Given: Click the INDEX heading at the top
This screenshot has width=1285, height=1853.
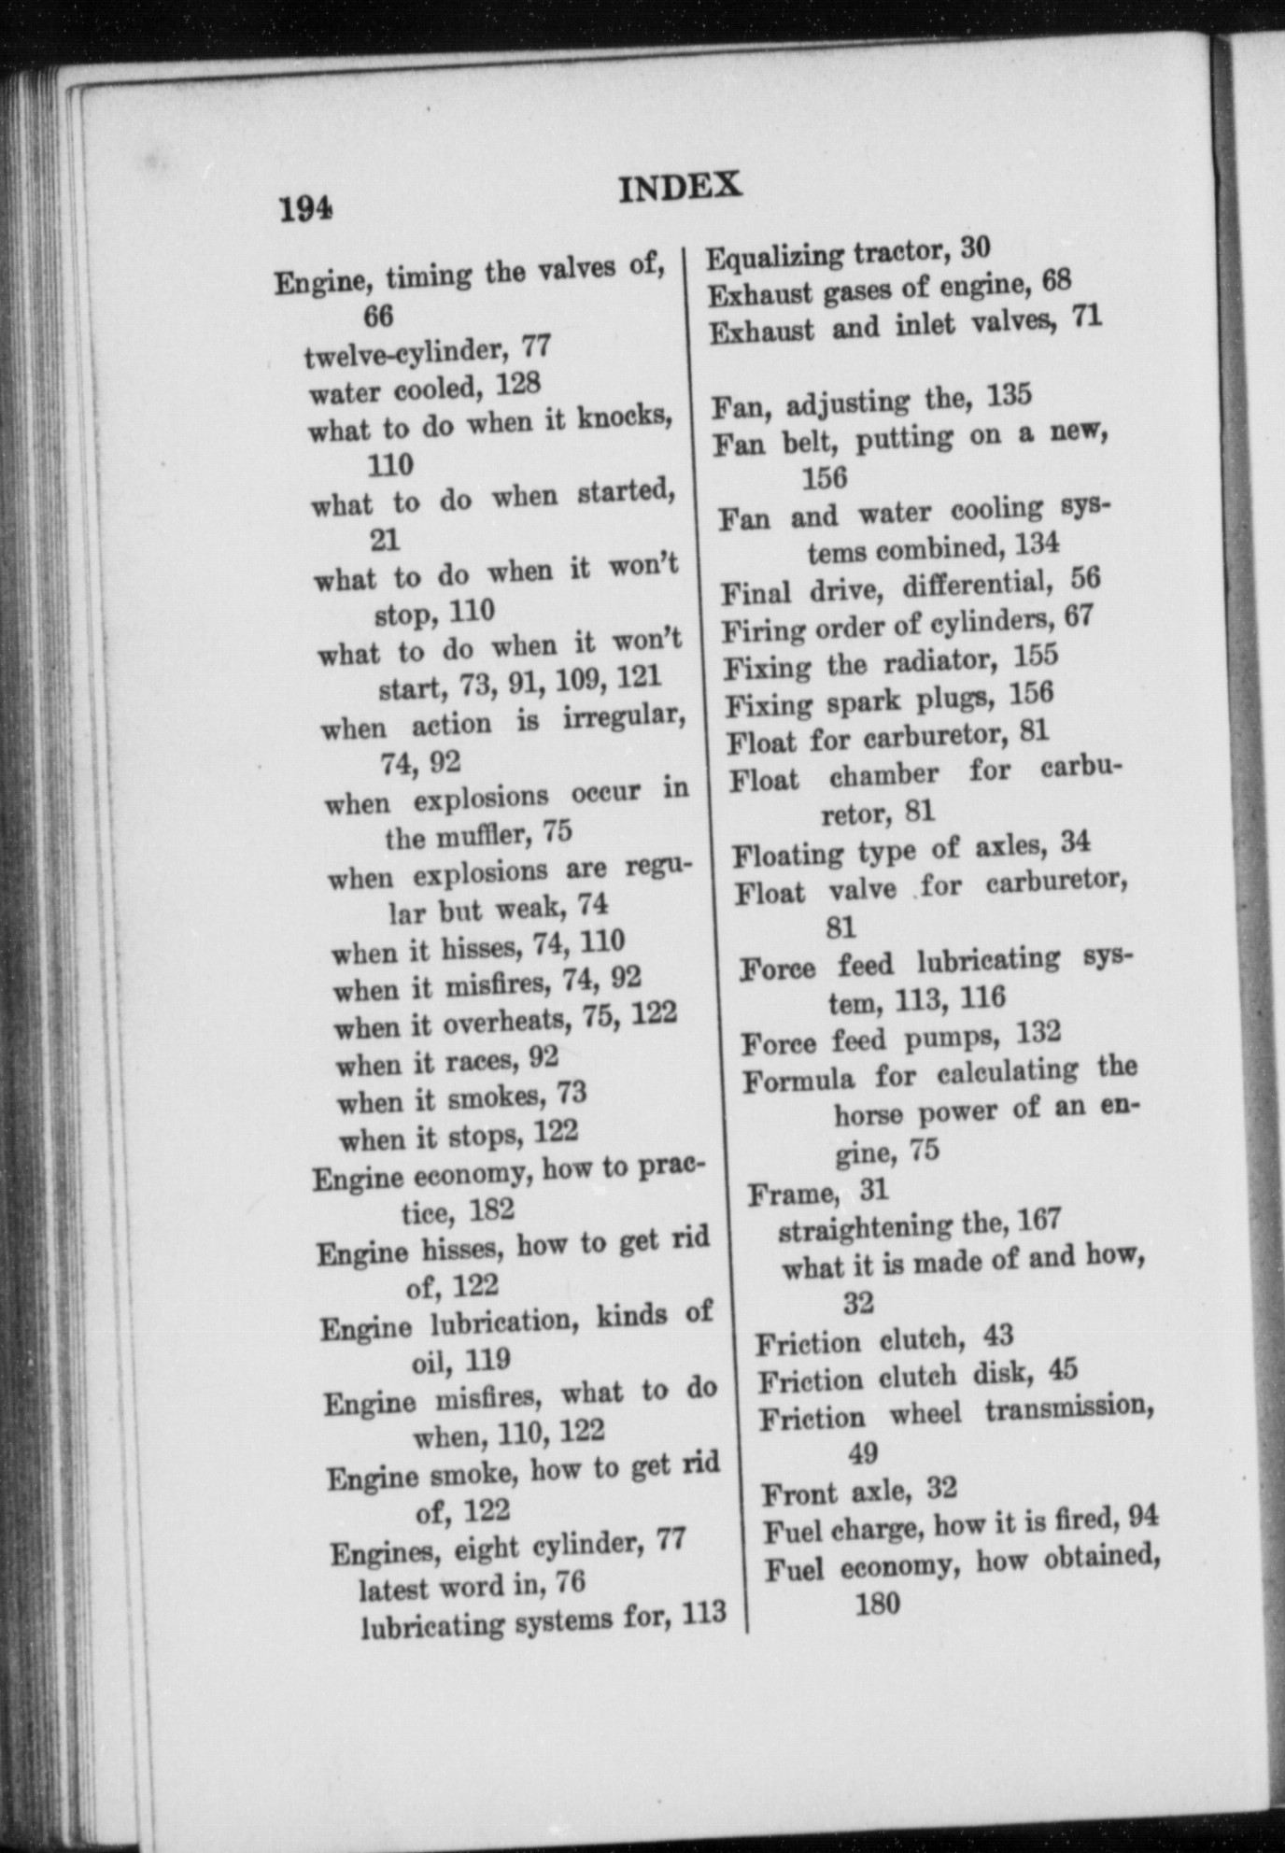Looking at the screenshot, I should tap(680, 187).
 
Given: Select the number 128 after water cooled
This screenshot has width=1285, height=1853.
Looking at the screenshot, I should tap(517, 384).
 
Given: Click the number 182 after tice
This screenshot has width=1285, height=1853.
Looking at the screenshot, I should tap(492, 1210).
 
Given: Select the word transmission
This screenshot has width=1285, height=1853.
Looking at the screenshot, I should tap(1069, 1407).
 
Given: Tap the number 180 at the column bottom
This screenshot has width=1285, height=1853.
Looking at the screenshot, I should tap(877, 1605).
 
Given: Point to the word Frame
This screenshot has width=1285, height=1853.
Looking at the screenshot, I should tap(792, 1193).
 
